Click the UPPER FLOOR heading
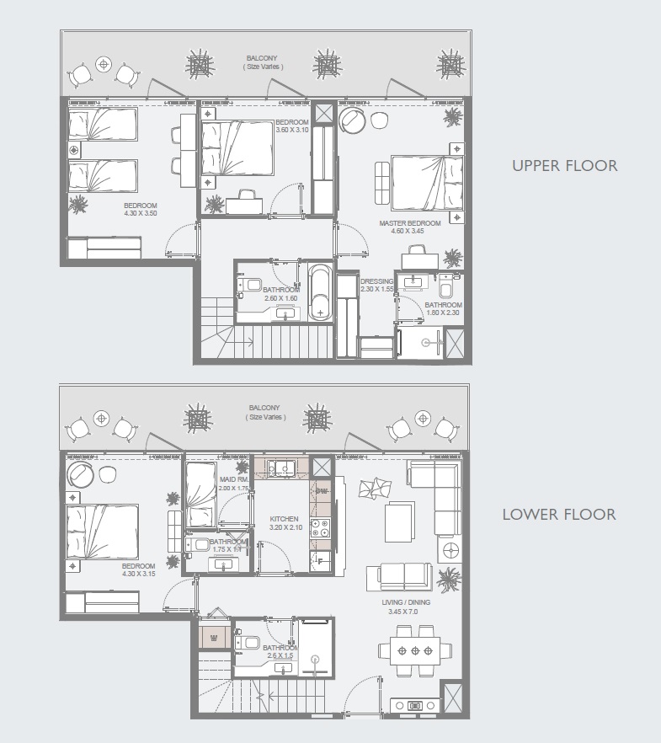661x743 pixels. point(564,165)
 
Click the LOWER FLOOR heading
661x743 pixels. point(559,514)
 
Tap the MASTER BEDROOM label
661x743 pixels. point(410,223)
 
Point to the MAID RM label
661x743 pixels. point(232,480)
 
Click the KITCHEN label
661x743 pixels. point(285,519)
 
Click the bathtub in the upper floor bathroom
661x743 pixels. point(323,292)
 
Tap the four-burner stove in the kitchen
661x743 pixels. point(321,528)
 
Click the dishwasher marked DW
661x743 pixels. point(321,490)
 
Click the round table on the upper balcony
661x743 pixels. point(104,63)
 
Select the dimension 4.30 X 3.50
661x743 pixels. point(141,214)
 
